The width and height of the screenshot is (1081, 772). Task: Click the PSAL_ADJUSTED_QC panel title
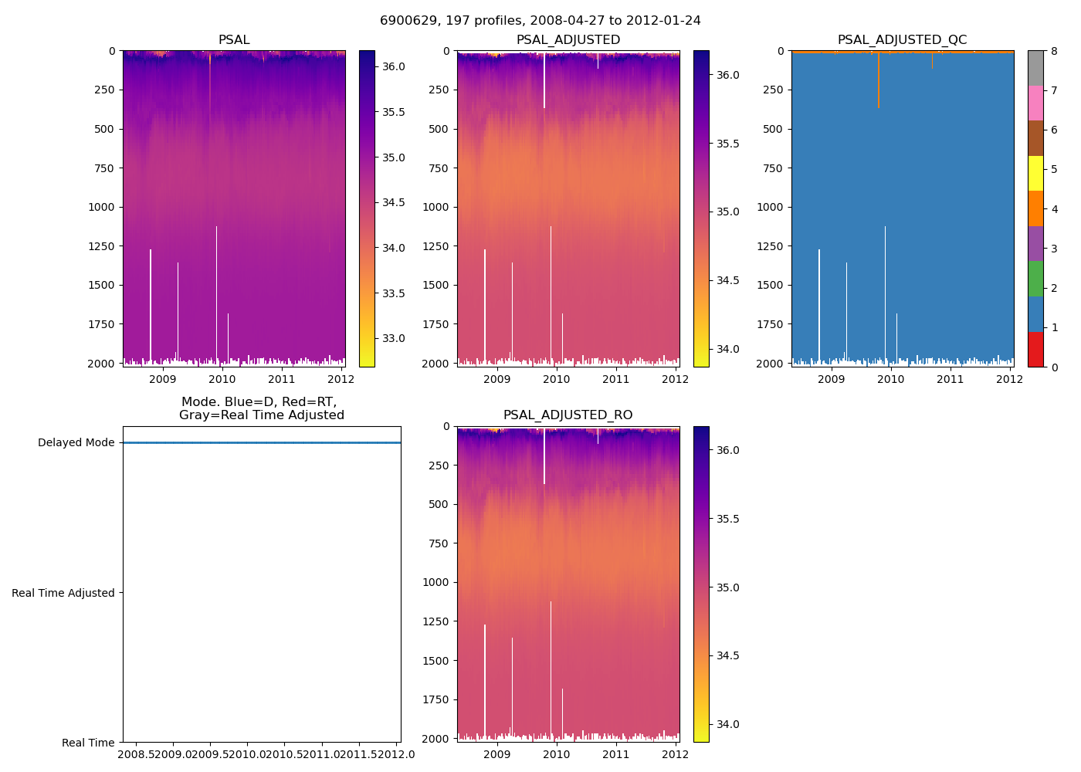pos(902,40)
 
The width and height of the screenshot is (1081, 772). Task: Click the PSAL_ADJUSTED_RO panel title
pos(568,415)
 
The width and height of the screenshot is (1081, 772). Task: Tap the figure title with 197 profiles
pos(540,21)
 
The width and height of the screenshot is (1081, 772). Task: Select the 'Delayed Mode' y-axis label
pos(76,443)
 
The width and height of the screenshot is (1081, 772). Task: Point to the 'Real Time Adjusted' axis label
pos(63,593)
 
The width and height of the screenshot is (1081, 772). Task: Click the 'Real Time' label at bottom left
pos(88,743)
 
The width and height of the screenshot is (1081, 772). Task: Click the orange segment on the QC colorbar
pos(1035,208)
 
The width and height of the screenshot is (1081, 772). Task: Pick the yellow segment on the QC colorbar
pos(1035,173)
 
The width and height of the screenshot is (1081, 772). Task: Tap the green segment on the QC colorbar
pos(1035,279)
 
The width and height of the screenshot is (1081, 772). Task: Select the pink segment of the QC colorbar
pos(1035,103)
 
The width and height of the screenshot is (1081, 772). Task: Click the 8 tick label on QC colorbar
pos(1054,51)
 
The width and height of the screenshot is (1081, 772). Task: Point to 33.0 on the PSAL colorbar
pos(394,338)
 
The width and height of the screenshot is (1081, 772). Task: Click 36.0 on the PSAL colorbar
pos(394,66)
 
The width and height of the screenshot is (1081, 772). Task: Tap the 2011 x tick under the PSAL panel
pos(282,379)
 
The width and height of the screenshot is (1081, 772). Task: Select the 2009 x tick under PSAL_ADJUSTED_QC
pos(831,379)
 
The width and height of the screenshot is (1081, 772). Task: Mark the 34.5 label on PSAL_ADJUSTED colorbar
pos(728,280)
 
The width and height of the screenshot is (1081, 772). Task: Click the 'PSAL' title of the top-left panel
pos(234,40)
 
